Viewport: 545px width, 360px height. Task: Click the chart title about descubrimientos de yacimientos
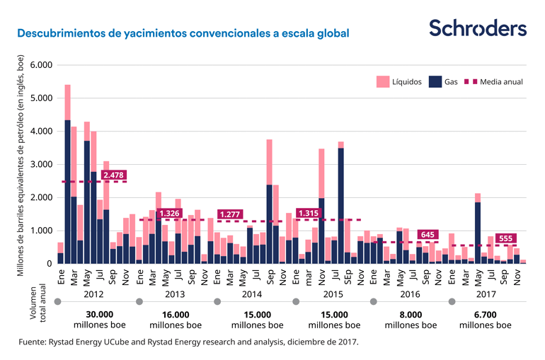(183, 33)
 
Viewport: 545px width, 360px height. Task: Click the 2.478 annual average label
(114, 175)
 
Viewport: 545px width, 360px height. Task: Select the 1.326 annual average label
(170, 213)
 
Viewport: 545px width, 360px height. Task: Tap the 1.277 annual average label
(231, 214)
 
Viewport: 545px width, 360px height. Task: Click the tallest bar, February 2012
(68, 177)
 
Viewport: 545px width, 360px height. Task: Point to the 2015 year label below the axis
(333, 293)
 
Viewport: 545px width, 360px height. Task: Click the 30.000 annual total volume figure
(100, 315)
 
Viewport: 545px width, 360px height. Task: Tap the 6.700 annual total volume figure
(486, 315)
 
